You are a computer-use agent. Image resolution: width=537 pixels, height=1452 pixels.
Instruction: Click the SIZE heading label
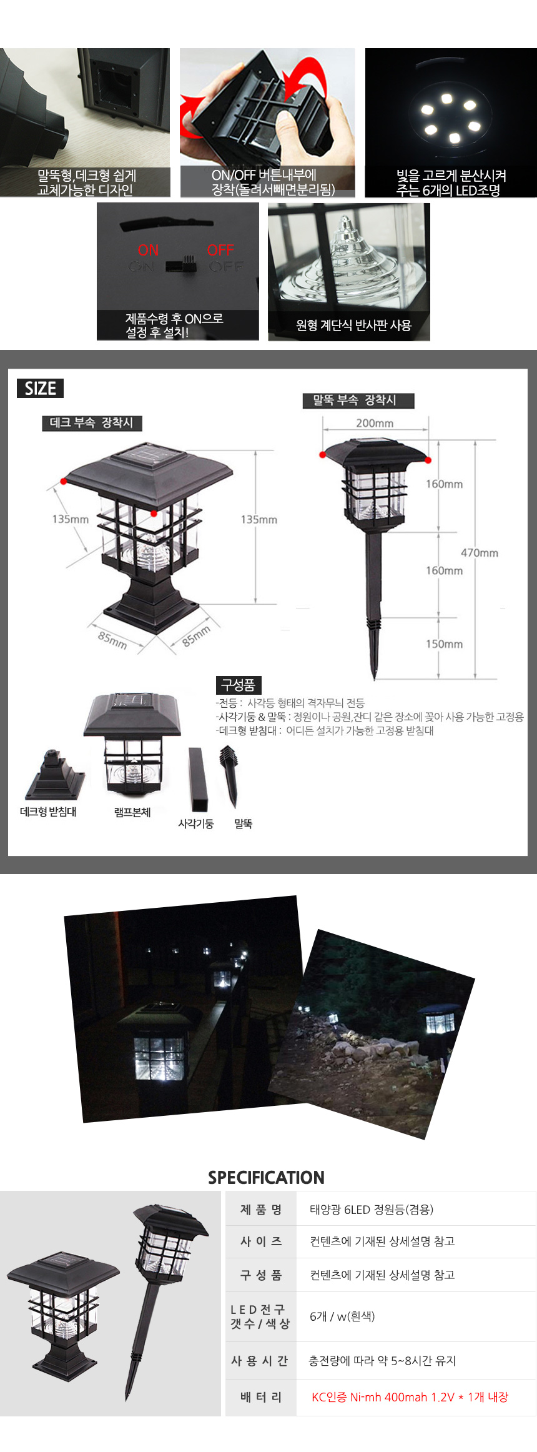click(x=40, y=388)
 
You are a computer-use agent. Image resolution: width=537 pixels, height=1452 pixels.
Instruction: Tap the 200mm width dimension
click(x=375, y=423)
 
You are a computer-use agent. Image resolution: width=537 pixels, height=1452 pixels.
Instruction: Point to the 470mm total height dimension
click(x=480, y=552)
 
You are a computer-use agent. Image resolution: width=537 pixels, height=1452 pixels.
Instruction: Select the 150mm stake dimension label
click(x=444, y=644)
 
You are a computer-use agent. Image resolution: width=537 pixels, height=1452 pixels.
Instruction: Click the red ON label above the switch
click(x=148, y=250)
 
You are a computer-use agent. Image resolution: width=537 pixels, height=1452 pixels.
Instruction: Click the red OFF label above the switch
click(x=220, y=250)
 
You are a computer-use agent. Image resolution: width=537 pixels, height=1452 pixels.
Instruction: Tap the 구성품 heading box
click(x=239, y=685)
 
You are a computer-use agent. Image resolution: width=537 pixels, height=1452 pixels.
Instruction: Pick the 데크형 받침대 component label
click(x=48, y=812)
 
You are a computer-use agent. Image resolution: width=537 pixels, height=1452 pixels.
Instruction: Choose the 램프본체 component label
click(x=132, y=812)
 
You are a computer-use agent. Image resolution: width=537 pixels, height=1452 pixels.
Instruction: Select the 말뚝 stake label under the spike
click(x=243, y=823)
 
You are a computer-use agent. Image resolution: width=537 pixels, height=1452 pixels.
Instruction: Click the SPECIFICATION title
click(x=266, y=1177)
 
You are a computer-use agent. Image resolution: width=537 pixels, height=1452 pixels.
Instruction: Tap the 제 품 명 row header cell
click(x=260, y=1210)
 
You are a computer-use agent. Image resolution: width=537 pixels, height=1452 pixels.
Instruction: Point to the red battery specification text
click(x=410, y=1397)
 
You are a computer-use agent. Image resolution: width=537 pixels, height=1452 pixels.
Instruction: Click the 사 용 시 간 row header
click(x=260, y=1361)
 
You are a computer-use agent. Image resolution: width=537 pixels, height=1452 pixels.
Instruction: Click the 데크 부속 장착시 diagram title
click(x=92, y=423)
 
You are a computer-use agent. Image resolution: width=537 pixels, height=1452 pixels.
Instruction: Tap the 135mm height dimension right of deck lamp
click(x=259, y=519)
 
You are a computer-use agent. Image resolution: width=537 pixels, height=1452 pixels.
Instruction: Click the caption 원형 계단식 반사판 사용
click(x=353, y=325)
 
